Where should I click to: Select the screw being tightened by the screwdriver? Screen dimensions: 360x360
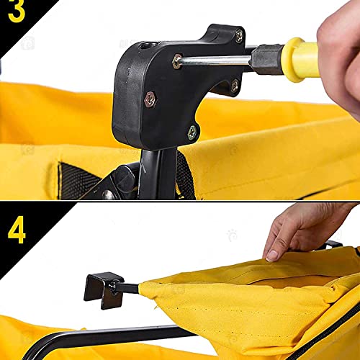click(177, 63)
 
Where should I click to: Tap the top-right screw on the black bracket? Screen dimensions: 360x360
click(238, 36)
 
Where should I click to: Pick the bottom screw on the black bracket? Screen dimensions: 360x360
click(192, 131)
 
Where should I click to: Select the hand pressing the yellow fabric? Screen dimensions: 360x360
click(302, 227)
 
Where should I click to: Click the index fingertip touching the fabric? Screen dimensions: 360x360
click(271, 254)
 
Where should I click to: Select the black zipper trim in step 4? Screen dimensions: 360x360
click(338, 338)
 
